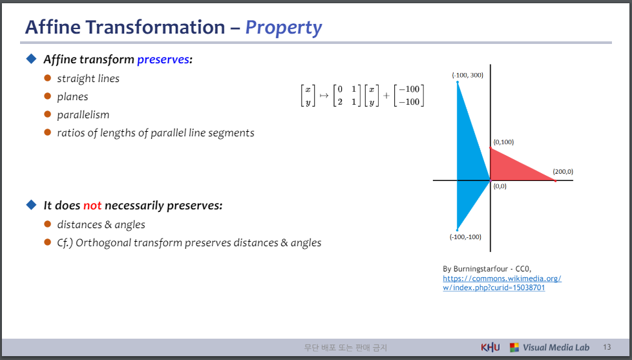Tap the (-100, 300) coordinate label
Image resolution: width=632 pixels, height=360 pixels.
point(468,75)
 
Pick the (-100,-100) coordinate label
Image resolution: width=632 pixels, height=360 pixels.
point(465,237)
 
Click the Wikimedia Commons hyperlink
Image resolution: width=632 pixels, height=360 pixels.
point(502,283)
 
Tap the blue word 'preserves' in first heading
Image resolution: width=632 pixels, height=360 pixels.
point(163,59)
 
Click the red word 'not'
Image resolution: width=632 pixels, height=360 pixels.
point(92,206)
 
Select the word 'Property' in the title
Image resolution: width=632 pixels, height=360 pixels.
point(283,27)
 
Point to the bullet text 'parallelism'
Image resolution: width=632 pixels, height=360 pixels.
point(83,115)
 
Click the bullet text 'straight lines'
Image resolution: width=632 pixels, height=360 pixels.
point(89,79)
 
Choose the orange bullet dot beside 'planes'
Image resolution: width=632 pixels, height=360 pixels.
point(48,96)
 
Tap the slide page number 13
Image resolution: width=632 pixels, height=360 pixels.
point(607,347)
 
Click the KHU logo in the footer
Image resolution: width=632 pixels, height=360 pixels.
point(490,347)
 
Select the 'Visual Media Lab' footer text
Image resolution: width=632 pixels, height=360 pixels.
point(556,348)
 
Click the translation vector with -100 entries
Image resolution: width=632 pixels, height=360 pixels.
point(408,96)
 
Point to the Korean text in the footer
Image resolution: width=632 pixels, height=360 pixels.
point(346,348)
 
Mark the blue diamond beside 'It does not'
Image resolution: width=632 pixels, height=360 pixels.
point(31,205)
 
